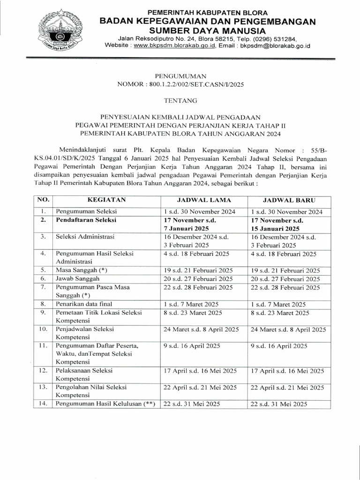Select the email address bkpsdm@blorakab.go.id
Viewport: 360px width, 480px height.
[x=275, y=46]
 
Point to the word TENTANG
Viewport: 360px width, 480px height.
[x=180, y=100]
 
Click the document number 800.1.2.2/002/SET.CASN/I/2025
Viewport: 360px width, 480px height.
[x=196, y=84]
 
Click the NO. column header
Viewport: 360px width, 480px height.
[x=43, y=200]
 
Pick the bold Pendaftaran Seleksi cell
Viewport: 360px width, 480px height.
[x=86, y=220]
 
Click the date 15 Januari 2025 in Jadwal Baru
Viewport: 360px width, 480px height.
[x=275, y=228]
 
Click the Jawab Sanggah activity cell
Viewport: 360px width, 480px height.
[x=77, y=278]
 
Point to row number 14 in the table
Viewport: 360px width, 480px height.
[x=43, y=404]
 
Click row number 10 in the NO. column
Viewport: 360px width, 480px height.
[x=43, y=330]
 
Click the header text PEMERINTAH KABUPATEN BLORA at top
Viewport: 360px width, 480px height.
[x=208, y=12]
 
